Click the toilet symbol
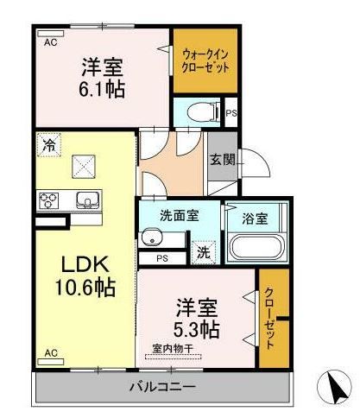pos(201,112)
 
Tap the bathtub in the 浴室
pos(256,248)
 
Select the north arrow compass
pos(334,386)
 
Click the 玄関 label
pos(223,159)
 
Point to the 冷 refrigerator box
pos(49,144)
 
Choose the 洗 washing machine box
pos(204,252)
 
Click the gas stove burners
pos(48,200)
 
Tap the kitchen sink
pos(87,199)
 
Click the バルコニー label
pos(162,386)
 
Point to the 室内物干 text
pos(173,349)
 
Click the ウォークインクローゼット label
pos(205,60)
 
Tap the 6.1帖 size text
pos(102,90)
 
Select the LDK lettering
pos(85,264)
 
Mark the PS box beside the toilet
pos(231,112)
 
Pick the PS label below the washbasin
pos(162,258)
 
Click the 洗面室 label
pos(180,216)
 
